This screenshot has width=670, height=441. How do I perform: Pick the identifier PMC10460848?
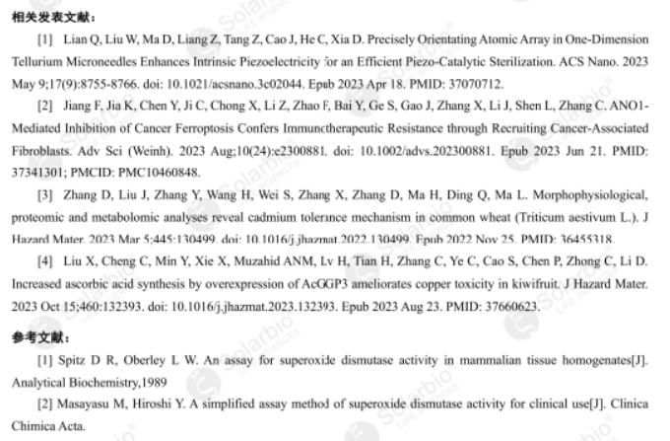click(148, 173)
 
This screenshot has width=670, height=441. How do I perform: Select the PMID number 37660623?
click(511, 305)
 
